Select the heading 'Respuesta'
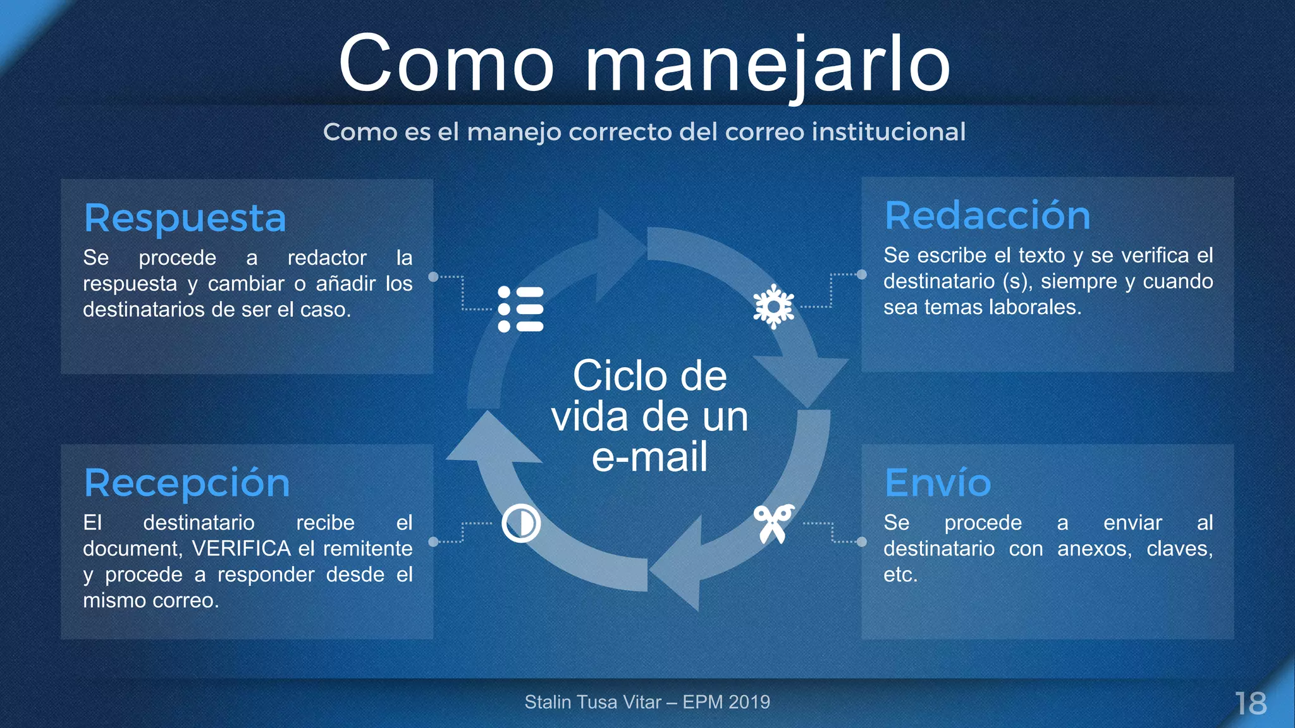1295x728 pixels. (185, 219)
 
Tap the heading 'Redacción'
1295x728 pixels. (987, 216)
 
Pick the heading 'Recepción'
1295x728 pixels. (187, 483)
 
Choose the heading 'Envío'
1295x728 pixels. (937, 483)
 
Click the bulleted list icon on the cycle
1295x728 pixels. (520, 309)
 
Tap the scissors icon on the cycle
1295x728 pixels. (773, 523)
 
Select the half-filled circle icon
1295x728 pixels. (520, 523)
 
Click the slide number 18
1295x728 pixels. (1251, 703)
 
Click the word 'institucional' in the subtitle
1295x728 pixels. (888, 132)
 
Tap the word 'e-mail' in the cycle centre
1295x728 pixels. (649, 457)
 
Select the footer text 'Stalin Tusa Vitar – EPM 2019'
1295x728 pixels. (647, 702)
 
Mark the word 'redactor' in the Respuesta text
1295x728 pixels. (327, 258)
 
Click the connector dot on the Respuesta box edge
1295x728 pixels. (433, 277)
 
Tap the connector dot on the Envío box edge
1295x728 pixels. (862, 542)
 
